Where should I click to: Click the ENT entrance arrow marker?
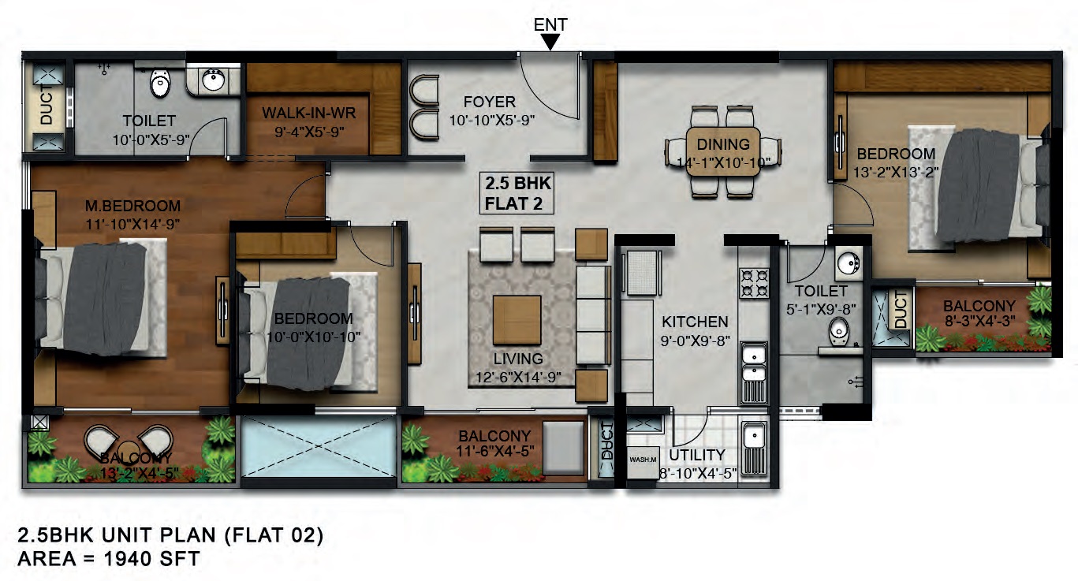[x=550, y=42]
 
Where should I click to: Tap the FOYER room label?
[x=490, y=102]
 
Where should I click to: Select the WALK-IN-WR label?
[x=309, y=113]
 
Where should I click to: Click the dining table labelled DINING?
[x=723, y=151]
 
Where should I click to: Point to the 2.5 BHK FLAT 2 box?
[x=517, y=193]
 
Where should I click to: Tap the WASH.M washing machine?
[x=643, y=462]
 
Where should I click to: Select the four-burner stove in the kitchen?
[x=754, y=283]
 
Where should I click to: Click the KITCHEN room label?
[x=695, y=322]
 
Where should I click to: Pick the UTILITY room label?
[x=697, y=455]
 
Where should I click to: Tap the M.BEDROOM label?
[x=132, y=206]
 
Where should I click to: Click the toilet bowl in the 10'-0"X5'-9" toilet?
[x=160, y=84]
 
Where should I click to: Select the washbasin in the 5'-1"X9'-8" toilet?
[x=849, y=263]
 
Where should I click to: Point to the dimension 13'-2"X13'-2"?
[x=896, y=172]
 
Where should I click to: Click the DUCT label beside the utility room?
[x=606, y=441]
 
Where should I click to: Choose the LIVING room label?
[x=518, y=359]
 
